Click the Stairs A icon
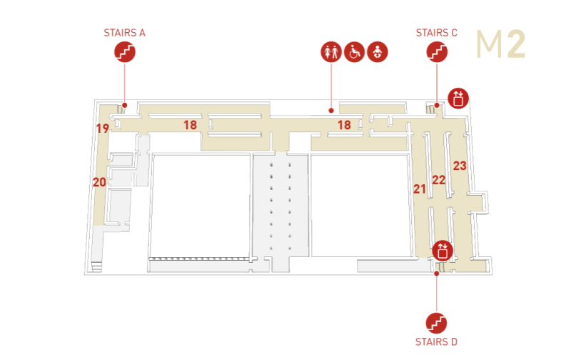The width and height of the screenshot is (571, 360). click(125, 51)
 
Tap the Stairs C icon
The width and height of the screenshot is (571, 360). click(437, 51)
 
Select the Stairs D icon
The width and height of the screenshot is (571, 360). click(436, 323)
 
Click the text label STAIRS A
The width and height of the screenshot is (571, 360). click(124, 33)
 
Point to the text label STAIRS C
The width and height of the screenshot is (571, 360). click(437, 33)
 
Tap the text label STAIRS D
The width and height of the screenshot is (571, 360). click(436, 341)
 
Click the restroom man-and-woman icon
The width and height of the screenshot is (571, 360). click(331, 51)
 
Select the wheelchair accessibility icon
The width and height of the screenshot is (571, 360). click(354, 51)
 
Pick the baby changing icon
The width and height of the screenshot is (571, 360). click(378, 51)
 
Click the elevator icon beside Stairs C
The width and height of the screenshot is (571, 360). click(458, 99)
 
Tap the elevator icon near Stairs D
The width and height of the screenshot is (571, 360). click(443, 251)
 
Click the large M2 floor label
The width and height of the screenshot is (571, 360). click(501, 44)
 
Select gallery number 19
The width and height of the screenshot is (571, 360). click(102, 129)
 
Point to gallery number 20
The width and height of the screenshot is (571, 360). click(99, 182)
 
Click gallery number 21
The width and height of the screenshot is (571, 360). click(420, 189)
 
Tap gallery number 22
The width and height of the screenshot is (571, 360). click(439, 179)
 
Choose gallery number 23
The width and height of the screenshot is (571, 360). click(460, 166)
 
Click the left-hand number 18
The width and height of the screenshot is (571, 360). click(190, 125)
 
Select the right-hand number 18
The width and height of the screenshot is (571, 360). click(344, 125)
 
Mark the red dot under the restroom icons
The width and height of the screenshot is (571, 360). click(331, 111)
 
